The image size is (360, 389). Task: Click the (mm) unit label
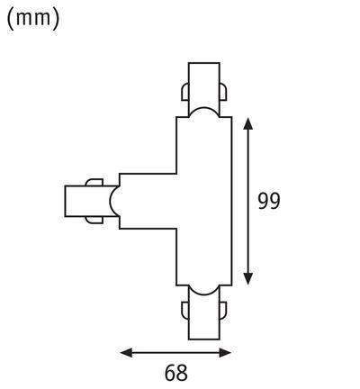(x=33, y=20)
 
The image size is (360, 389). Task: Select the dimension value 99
(x=267, y=201)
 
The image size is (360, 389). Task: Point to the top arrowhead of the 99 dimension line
(x=248, y=123)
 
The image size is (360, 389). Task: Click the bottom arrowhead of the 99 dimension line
(x=248, y=278)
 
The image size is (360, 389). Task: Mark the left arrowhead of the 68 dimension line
(x=125, y=351)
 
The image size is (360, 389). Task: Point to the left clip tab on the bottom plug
(x=184, y=312)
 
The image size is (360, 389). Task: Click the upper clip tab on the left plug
(x=94, y=183)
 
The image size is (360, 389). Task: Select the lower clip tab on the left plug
(x=94, y=220)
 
